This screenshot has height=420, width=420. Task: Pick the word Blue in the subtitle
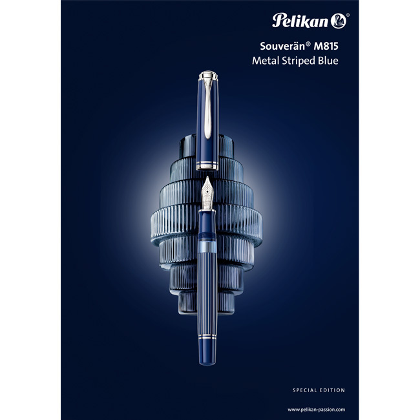328,62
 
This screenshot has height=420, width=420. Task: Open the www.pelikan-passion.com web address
317,409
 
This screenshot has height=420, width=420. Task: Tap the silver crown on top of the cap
209,77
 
